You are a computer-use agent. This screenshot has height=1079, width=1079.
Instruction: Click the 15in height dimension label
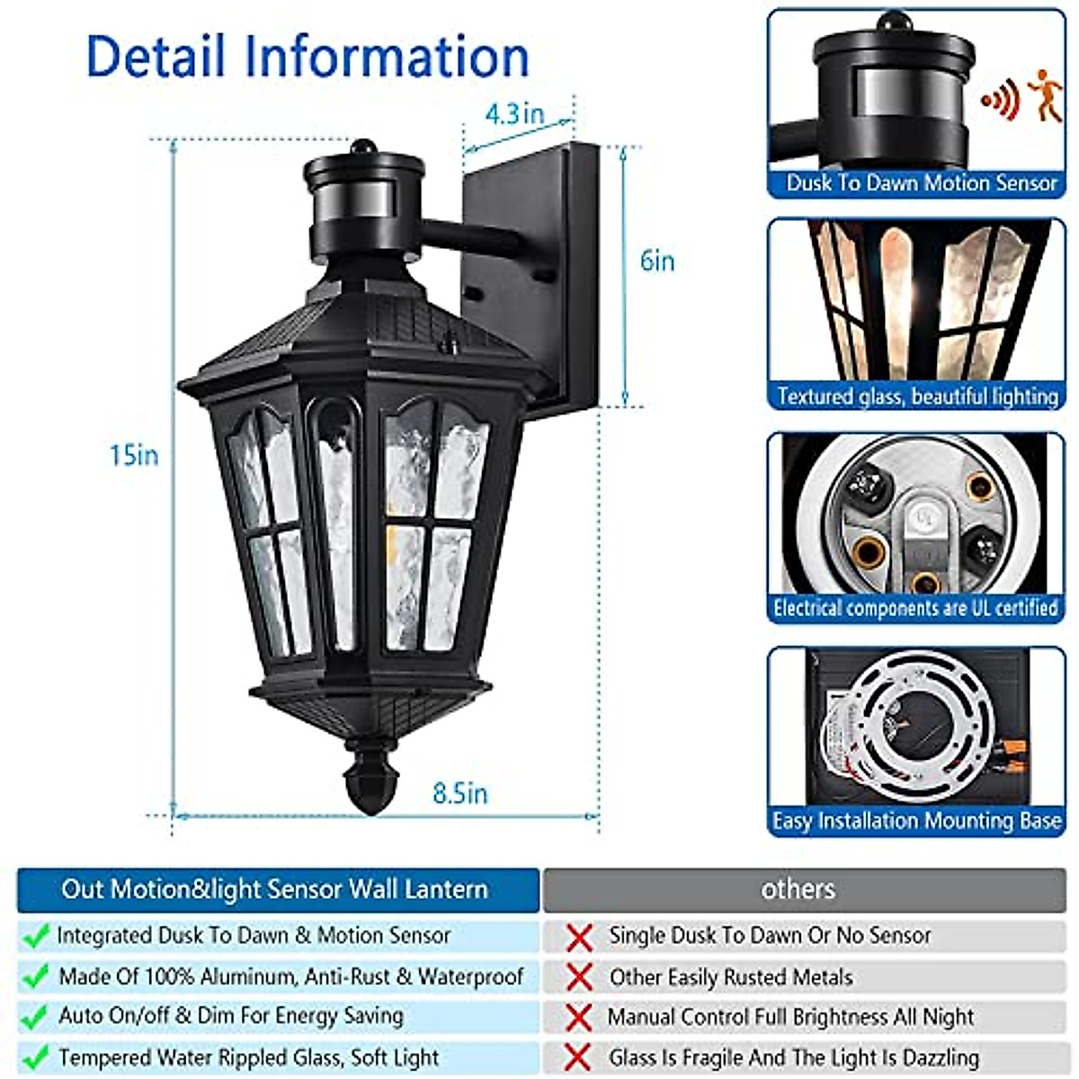coord(134,456)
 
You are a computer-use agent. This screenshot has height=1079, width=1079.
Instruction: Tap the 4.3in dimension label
coord(514,114)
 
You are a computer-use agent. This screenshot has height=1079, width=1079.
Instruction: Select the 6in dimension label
coord(657,262)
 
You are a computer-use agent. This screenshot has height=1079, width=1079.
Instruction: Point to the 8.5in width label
coord(459,794)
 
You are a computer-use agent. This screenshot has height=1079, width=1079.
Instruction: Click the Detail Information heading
coord(308,56)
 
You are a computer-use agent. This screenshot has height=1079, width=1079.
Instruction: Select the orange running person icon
coord(1045,96)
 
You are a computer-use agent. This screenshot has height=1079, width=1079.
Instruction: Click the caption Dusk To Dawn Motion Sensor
coord(921,183)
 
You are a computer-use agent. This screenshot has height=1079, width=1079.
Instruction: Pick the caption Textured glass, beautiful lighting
coord(917,397)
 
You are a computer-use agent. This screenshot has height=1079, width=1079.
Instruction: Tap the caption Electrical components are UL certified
coord(915,609)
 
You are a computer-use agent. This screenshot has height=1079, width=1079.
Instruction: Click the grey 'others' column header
coord(798,889)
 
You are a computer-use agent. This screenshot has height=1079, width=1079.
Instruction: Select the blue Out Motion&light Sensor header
coord(275,889)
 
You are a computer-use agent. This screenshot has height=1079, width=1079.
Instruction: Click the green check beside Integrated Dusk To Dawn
coord(35,937)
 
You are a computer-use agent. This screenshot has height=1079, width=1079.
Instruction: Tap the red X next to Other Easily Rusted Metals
coord(580,977)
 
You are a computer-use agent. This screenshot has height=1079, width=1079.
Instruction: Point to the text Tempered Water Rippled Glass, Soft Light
coord(249,1057)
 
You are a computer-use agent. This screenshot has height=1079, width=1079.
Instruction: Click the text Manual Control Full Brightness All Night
coord(791,1017)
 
